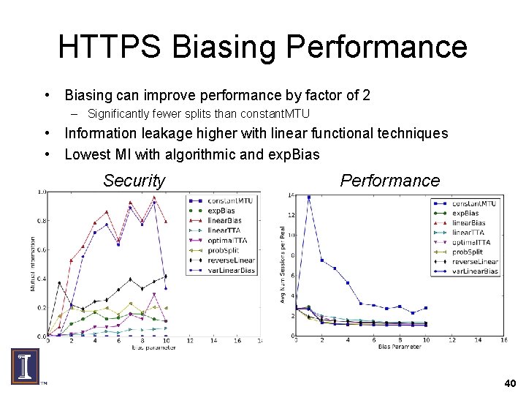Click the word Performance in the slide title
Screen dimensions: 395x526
[x=377, y=47]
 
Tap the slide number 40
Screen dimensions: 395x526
[x=509, y=383]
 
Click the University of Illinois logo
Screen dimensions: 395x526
[x=26, y=366]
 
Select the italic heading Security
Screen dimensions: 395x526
[x=134, y=181]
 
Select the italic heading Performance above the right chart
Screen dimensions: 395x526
[x=390, y=181]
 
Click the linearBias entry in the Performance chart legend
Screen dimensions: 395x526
[x=469, y=222]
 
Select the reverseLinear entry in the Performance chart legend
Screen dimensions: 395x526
[x=474, y=261]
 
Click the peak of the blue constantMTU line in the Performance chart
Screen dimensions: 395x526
[x=309, y=196]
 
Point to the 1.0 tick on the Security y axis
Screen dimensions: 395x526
[x=42, y=192]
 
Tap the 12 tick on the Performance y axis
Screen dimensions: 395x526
[x=290, y=215]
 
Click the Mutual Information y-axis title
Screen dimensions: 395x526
[x=32, y=263]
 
